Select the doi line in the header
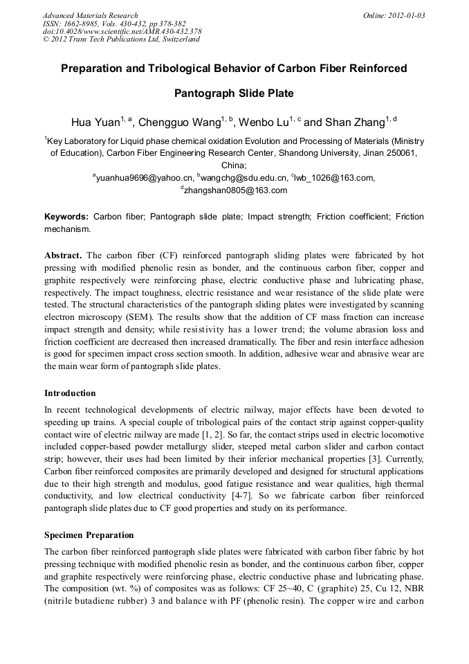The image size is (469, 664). tap(122, 31)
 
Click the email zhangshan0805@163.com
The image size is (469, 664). tap(235, 190)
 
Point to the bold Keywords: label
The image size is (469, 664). tap(66, 217)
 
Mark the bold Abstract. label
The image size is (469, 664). tap(64, 255)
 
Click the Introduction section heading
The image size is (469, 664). tap(70, 393)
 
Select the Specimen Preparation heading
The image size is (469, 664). tap(89, 535)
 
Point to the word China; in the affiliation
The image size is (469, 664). tap(234, 165)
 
